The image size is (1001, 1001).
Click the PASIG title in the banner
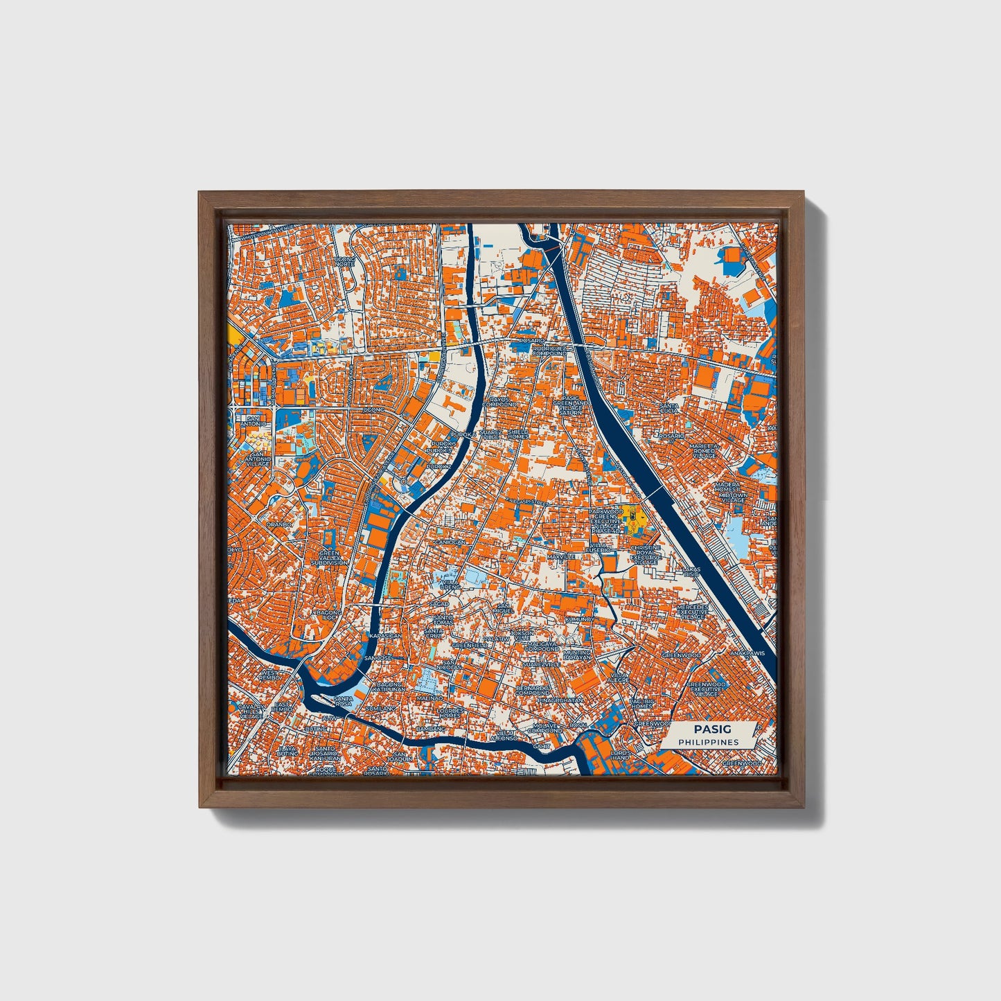708,729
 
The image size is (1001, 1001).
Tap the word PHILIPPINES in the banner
708,742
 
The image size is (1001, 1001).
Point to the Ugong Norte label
344,262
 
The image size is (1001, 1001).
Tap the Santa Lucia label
669,408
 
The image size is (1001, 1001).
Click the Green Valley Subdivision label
329,558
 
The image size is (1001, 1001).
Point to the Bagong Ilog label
328,616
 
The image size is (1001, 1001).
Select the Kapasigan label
385,635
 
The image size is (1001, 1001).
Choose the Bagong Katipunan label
389,687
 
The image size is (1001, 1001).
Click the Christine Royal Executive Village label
646,555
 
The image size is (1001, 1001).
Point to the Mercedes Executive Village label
693,611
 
